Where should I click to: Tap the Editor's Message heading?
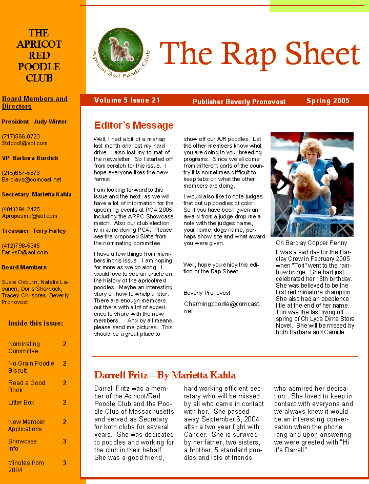tap(134, 125)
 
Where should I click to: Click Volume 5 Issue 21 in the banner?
tap(127, 100)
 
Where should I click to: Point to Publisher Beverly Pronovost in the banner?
tap(239, 102)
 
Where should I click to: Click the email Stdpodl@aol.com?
tap(25, 144)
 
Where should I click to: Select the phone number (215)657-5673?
tap(21, 173)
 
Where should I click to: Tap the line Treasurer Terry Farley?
tap(34, 231)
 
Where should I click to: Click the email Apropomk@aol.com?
tap(29, 216)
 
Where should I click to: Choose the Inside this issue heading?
tap(36, 323)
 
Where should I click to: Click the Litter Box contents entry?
tap(21, 402)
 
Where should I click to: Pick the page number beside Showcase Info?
tap(65, 441)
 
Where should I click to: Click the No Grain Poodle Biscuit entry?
tap(31, 367)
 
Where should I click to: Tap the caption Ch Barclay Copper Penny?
tap(308, 243)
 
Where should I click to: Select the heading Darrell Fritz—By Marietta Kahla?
tap(165, 375)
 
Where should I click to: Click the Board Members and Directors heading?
tap(35, 103)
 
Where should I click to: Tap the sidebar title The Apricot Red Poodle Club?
tap(39, 56)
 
